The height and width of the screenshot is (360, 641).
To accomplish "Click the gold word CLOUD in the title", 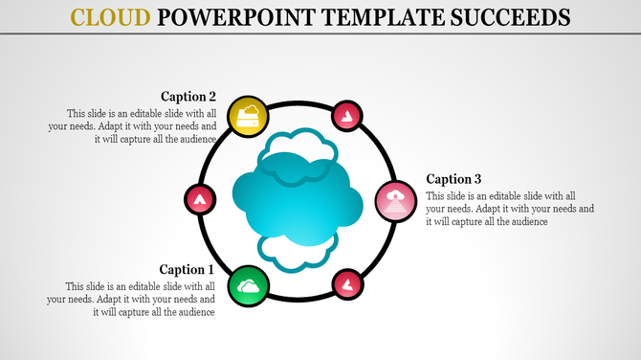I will coord(112,17).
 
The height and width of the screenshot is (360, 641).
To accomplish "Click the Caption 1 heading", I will coord(188,270).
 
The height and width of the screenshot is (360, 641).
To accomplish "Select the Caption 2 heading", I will coord(188,96).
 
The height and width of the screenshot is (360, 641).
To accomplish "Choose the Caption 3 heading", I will coord(453,179).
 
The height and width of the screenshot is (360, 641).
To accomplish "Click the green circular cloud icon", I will coord(248,285).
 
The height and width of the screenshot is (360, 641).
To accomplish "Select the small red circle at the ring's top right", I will coord(344,117).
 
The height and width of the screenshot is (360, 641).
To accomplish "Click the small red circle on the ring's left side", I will coord(199,199).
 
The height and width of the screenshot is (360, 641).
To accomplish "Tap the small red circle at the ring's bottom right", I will coord(344,283).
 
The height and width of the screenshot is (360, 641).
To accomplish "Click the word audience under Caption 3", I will coord(525,221).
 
